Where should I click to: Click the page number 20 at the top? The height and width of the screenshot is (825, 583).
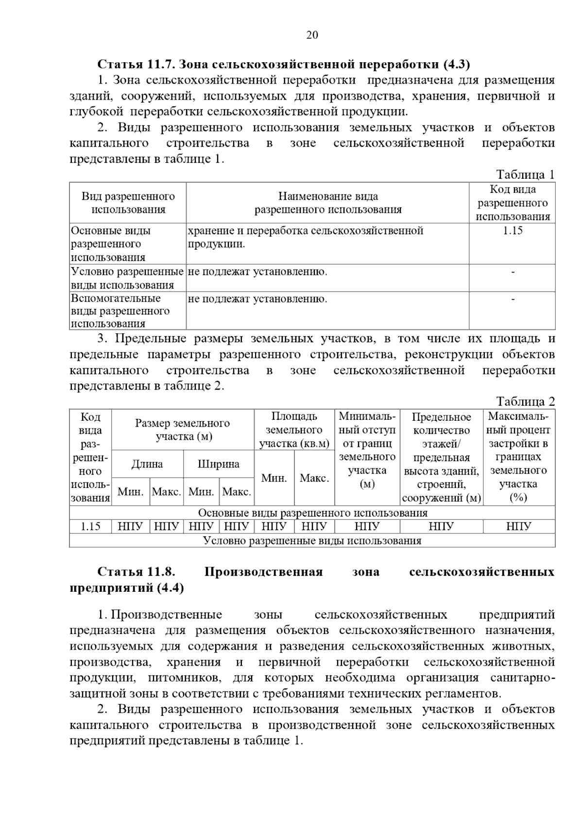312,35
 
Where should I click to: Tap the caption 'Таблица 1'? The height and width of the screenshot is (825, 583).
525,174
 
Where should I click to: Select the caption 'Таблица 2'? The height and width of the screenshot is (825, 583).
525,401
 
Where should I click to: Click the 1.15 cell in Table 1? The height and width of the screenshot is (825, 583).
513,231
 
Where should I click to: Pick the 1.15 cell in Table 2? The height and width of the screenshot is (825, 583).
90,526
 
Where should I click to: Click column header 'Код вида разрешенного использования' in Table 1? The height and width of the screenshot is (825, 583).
513,203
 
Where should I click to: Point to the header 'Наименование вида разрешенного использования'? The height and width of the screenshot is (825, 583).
328,203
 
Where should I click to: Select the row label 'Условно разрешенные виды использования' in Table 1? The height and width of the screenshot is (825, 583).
127,278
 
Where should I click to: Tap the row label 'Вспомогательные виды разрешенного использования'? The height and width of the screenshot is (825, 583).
120,311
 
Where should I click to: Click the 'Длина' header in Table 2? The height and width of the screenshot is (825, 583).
147,464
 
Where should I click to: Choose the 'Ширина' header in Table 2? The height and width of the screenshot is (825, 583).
219,464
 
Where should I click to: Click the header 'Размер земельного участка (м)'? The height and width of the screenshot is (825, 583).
183,430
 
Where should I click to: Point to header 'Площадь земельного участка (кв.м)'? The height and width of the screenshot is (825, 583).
294,430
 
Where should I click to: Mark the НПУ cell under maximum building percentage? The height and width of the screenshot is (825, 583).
518,526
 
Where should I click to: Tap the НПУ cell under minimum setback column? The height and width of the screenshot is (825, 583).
367,526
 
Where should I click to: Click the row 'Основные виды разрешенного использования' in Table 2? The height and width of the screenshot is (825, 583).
312,513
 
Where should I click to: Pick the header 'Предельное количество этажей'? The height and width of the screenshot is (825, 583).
441,457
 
